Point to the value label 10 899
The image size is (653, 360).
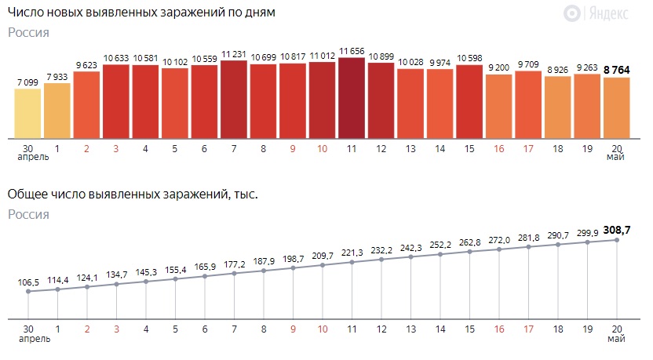(x=381, y=57)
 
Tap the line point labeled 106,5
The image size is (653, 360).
(x=27, y=292)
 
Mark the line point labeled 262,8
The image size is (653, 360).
(x=469, y=252)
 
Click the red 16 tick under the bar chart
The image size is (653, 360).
(x=499, y=147)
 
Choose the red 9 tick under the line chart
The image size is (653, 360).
(x=293, y=329)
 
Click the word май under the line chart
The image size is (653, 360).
(x=617, y=340)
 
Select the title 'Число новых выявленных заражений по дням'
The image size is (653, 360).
(x=142, y=14)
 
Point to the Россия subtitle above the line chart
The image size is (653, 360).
(x=28, y=214)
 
